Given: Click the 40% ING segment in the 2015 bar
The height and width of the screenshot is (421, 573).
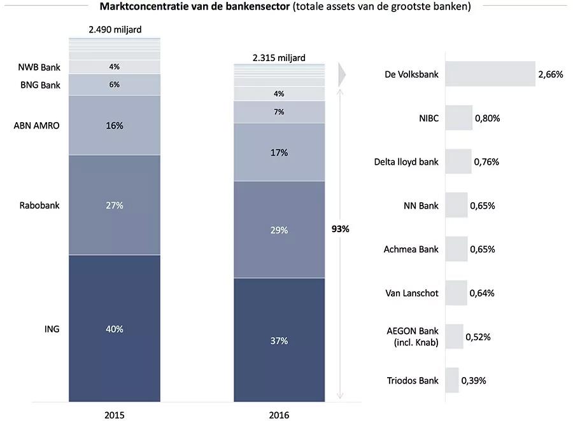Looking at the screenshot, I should point(115,328).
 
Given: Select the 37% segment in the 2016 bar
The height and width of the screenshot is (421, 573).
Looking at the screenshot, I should point(279,340).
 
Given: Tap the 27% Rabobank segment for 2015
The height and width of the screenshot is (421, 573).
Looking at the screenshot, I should point(115,205).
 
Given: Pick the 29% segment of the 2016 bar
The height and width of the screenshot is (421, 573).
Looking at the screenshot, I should point(279,230).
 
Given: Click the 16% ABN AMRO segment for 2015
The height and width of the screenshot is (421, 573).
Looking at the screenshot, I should point(115,125).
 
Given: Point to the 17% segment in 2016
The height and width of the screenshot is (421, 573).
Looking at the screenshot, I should point(279,153).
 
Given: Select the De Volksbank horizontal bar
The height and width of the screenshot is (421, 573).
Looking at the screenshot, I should point(490,74).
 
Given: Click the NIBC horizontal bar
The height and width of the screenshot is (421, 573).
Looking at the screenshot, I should point(458,118).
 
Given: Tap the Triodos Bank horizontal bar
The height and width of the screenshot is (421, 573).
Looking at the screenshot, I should point(451,380).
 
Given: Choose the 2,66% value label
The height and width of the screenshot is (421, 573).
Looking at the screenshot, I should point(551,74).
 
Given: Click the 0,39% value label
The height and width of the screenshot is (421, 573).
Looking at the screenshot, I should point(474,380).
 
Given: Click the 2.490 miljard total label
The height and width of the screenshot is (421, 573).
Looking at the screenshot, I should point(115,29).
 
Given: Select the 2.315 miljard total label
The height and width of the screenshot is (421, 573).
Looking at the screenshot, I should point(279,58).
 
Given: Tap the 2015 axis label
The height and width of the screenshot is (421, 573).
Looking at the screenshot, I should point(115,415).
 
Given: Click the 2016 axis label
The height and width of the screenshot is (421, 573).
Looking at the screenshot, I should point(279,415).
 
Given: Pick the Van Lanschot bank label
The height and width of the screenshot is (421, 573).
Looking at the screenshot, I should point(412,293).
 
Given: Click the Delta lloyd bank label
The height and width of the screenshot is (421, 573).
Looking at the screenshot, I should point(406,162).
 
